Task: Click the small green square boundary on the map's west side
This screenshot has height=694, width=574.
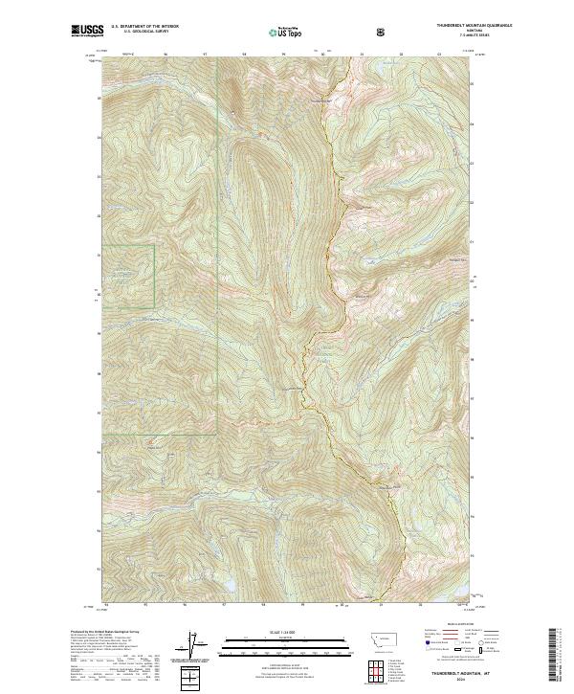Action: coord(129,276)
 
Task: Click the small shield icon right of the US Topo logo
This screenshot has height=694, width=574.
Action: coord(329,33)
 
